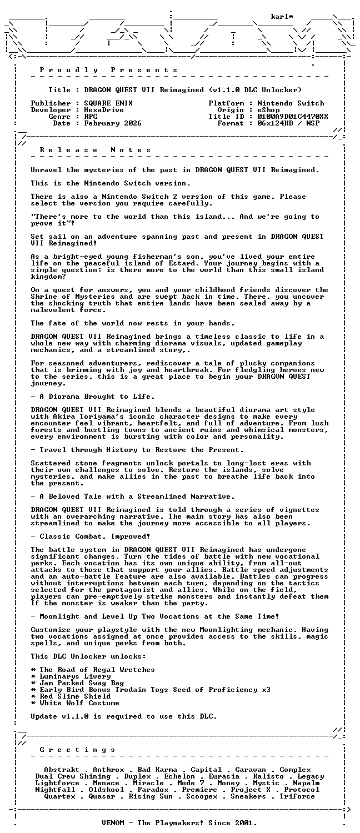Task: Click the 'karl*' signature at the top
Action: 282,17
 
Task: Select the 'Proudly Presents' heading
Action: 109,70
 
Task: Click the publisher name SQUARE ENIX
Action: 108,103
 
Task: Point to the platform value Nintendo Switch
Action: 291,103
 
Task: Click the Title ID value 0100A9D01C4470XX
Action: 293,117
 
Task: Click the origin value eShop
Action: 268,110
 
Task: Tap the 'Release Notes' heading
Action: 96,150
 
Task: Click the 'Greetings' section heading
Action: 78,750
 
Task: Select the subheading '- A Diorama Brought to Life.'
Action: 93,397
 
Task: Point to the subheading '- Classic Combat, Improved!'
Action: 91,536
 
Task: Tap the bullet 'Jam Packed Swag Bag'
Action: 77,683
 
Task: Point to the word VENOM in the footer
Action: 115,823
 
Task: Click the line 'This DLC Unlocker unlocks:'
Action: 88,656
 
